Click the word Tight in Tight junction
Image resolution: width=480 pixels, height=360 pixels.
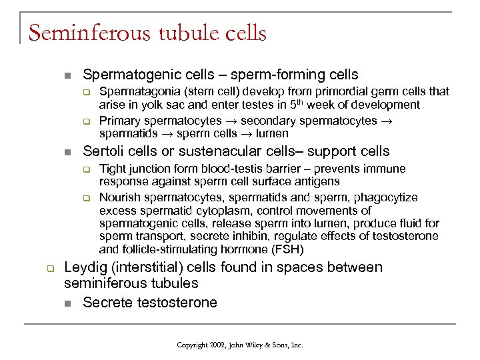112,169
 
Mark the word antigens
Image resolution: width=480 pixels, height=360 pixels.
317,181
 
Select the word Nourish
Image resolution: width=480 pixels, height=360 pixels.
119,197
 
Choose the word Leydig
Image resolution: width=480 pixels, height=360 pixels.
86,267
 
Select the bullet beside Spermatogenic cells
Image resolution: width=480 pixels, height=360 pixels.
65,75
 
